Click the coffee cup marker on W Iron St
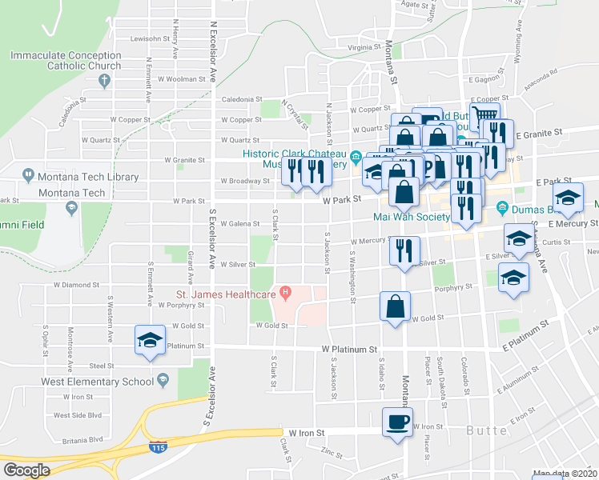(x=396, y=422)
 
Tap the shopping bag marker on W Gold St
(x=396, y=306)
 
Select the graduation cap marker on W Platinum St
(x=148, y=341)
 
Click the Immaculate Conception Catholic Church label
(x=66, y=61)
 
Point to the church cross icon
(x=104, y=80)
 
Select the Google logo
(x=26, y=470)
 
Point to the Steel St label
(x=101, y=366)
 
